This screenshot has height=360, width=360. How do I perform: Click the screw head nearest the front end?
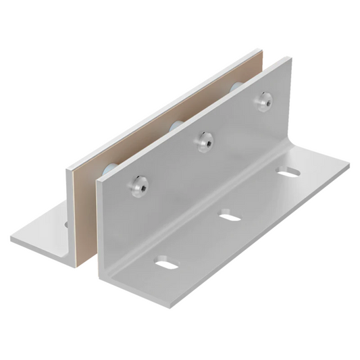coord(139,184)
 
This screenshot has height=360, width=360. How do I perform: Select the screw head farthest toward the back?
coord(263,101)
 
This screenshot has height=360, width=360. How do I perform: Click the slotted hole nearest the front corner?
coord(166,262)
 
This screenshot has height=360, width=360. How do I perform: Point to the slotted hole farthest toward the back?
coord(288,173)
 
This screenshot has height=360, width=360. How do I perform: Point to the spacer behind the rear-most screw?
coord(236,88)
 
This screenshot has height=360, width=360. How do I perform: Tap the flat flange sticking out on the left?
coord(41,233)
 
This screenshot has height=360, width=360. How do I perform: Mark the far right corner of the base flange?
coord(349,162)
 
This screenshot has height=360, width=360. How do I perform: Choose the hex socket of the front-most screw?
coord(139,184)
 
